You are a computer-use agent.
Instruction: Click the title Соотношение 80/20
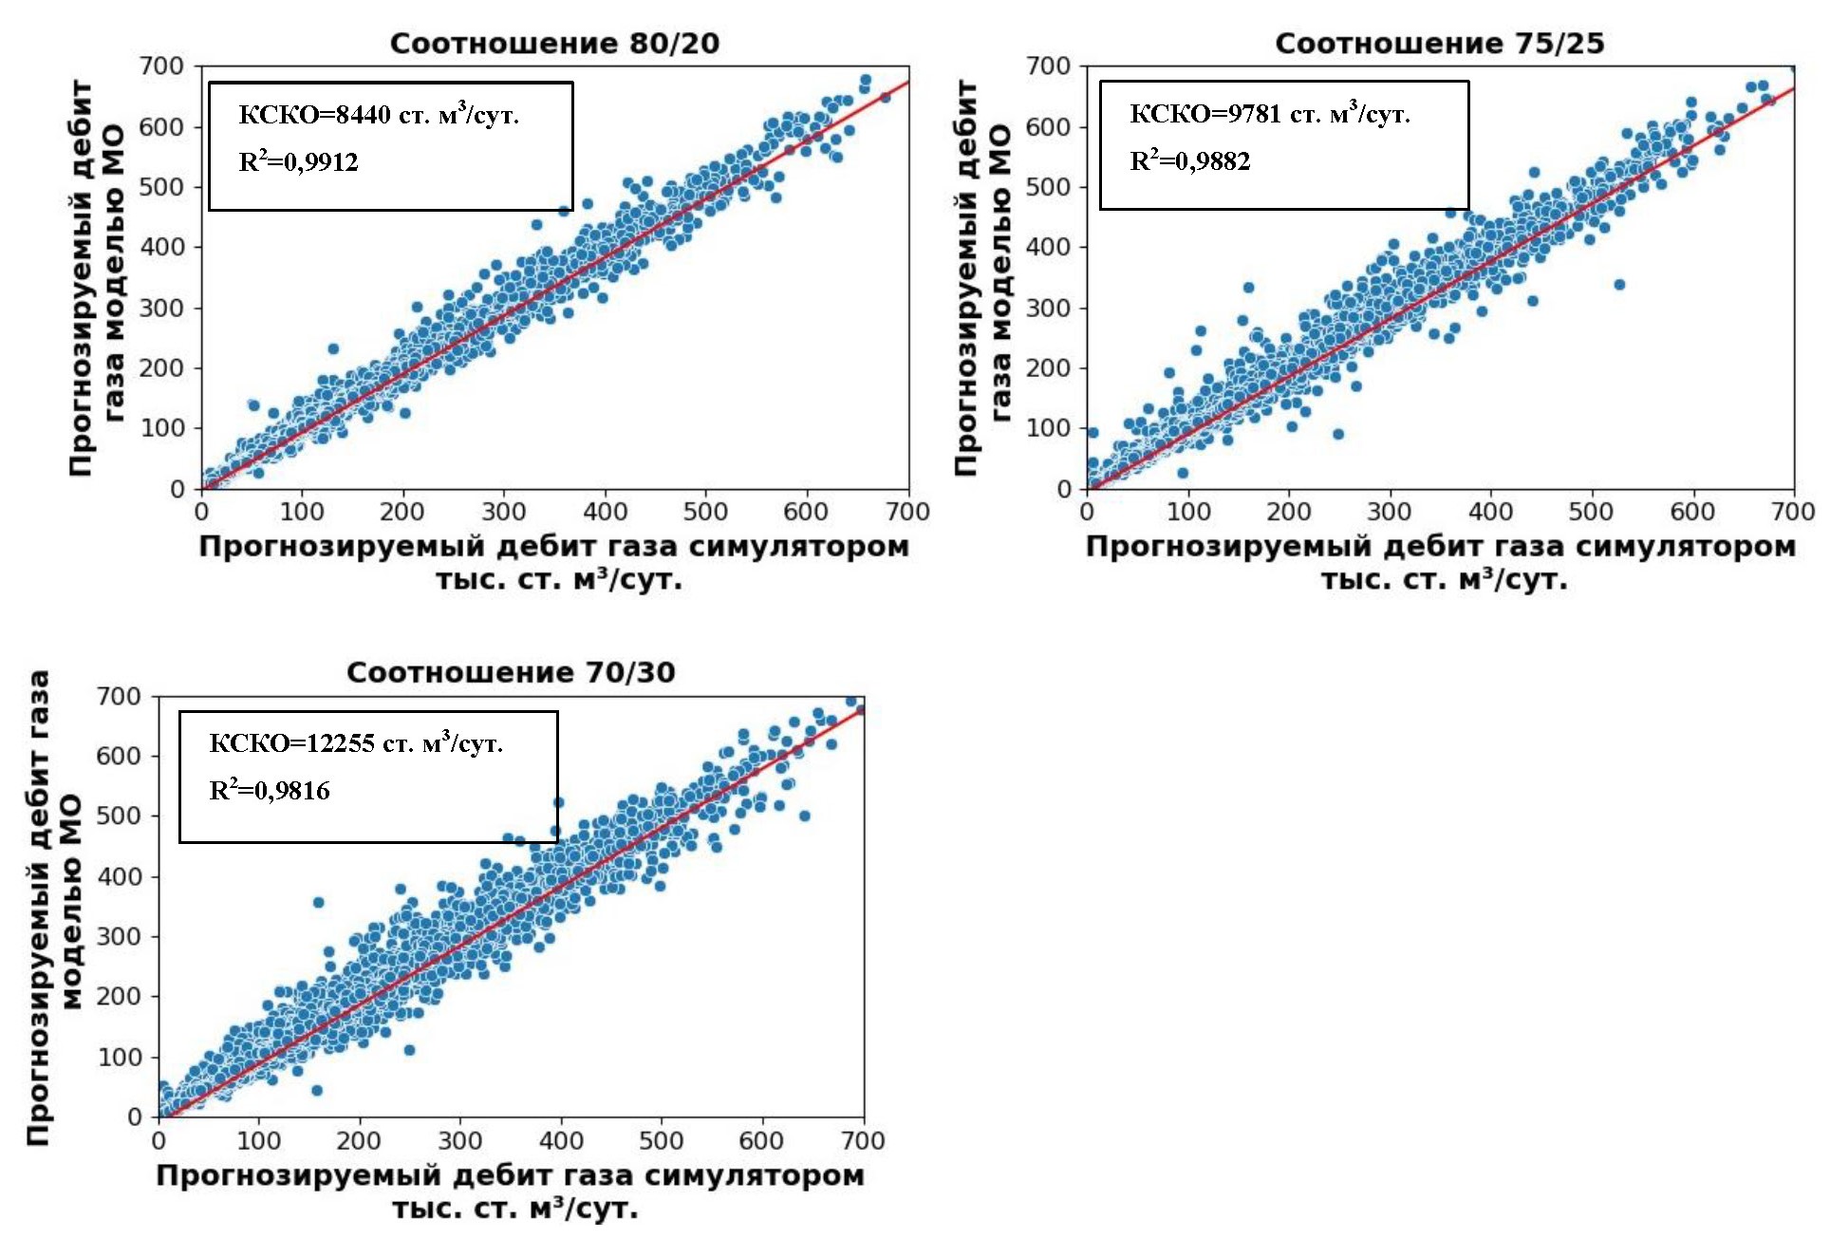tap(554, 44)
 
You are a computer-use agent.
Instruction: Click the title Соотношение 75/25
tap(1439, 44)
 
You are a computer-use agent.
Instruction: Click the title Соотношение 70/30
tap(511, 673)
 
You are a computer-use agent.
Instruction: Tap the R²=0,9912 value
tap(298, 161)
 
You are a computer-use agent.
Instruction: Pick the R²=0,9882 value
tap(1189, 160)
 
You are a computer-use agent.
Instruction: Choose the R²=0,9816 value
tap(269, 790)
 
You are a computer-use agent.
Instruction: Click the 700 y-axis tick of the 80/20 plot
tap(161, 66)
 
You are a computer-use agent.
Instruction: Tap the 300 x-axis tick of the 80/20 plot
tap(503, 512)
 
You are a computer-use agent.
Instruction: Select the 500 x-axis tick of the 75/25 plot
tap(1591, 512)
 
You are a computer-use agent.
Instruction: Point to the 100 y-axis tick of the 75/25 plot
tap(1048, 428)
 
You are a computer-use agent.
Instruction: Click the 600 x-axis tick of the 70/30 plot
tap(761, 1140)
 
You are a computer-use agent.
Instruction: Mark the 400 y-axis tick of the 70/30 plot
tap(119, 876)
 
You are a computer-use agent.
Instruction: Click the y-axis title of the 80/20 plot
tap(97, 277)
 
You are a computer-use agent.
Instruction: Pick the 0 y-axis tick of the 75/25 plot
tap(1063, 489)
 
